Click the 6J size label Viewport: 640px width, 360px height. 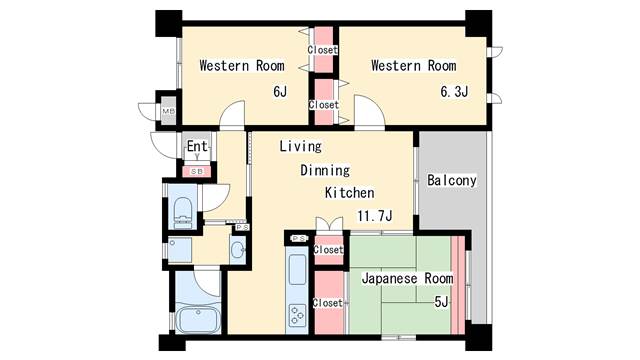pos(280,91)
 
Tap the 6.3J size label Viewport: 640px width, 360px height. pos(454,91)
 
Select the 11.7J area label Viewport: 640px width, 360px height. pos(375,216)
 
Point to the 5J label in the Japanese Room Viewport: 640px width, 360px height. pos(441,302)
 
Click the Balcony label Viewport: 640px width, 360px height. pos(451,180)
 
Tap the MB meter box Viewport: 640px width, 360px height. pos(169,111)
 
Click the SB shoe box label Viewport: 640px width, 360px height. pos(197,171)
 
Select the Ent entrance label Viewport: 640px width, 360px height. pos(197,146)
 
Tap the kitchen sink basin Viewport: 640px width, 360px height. pos(297,269)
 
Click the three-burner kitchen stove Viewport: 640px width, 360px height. pos(297,316)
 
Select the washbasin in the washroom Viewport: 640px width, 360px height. pos(238,250)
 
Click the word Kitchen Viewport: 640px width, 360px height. pos(349,193)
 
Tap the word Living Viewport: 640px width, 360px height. pos(300,146)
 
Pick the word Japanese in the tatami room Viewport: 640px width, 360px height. pos(390,279)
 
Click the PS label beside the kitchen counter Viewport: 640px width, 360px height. pos(299,238)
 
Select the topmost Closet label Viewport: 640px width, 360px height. pos(322,50)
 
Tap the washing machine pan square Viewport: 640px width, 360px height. pos(180,250)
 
